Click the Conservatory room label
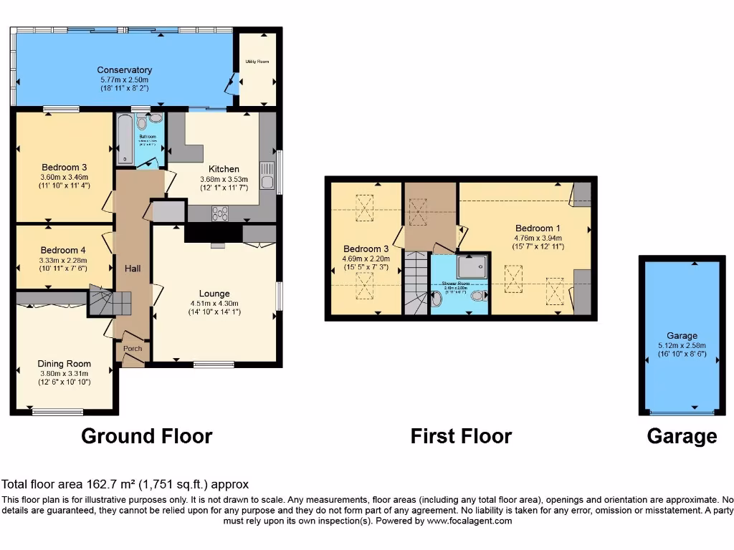(x=125, y=69)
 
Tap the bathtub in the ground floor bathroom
(x=125, y=138)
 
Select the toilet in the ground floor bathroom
(x=140, y=124)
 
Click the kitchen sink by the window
(x=267, y=175)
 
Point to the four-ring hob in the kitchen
(x=219, y=212)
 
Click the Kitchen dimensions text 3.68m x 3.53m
(x=224, y=180)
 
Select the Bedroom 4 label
(x=63, y=250)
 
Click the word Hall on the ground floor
(x=133, y=268)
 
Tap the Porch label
(x=133, y=349)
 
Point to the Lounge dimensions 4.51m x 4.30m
(x=214, y=303)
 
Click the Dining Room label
(x=64, y=364)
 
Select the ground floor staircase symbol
(x=103, y=300)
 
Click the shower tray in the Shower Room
(x=473, y=266)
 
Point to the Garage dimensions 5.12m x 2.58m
(x=681, y=344)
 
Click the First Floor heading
(x=461, y=435)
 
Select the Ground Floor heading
(x=146, y=435)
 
